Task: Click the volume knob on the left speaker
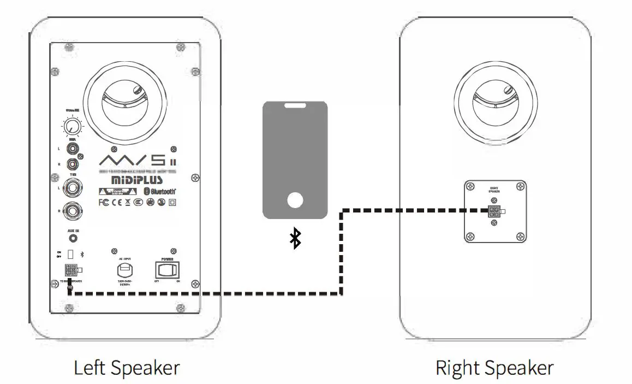(70, 128)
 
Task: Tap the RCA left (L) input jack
(72, 148)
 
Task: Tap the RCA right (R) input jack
(72, 163)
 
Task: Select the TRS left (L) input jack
(72, 188)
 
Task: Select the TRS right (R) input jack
(72, 210)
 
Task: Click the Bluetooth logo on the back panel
(159, 191)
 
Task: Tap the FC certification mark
(105, 203)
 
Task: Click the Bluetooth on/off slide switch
(70, 254)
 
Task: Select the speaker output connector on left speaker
(70, 270)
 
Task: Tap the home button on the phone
(295, 200)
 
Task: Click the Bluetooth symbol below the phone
(295, 239)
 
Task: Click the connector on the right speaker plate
(494, 212)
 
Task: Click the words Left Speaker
(127, 368)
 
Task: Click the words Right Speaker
(494, 368)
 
